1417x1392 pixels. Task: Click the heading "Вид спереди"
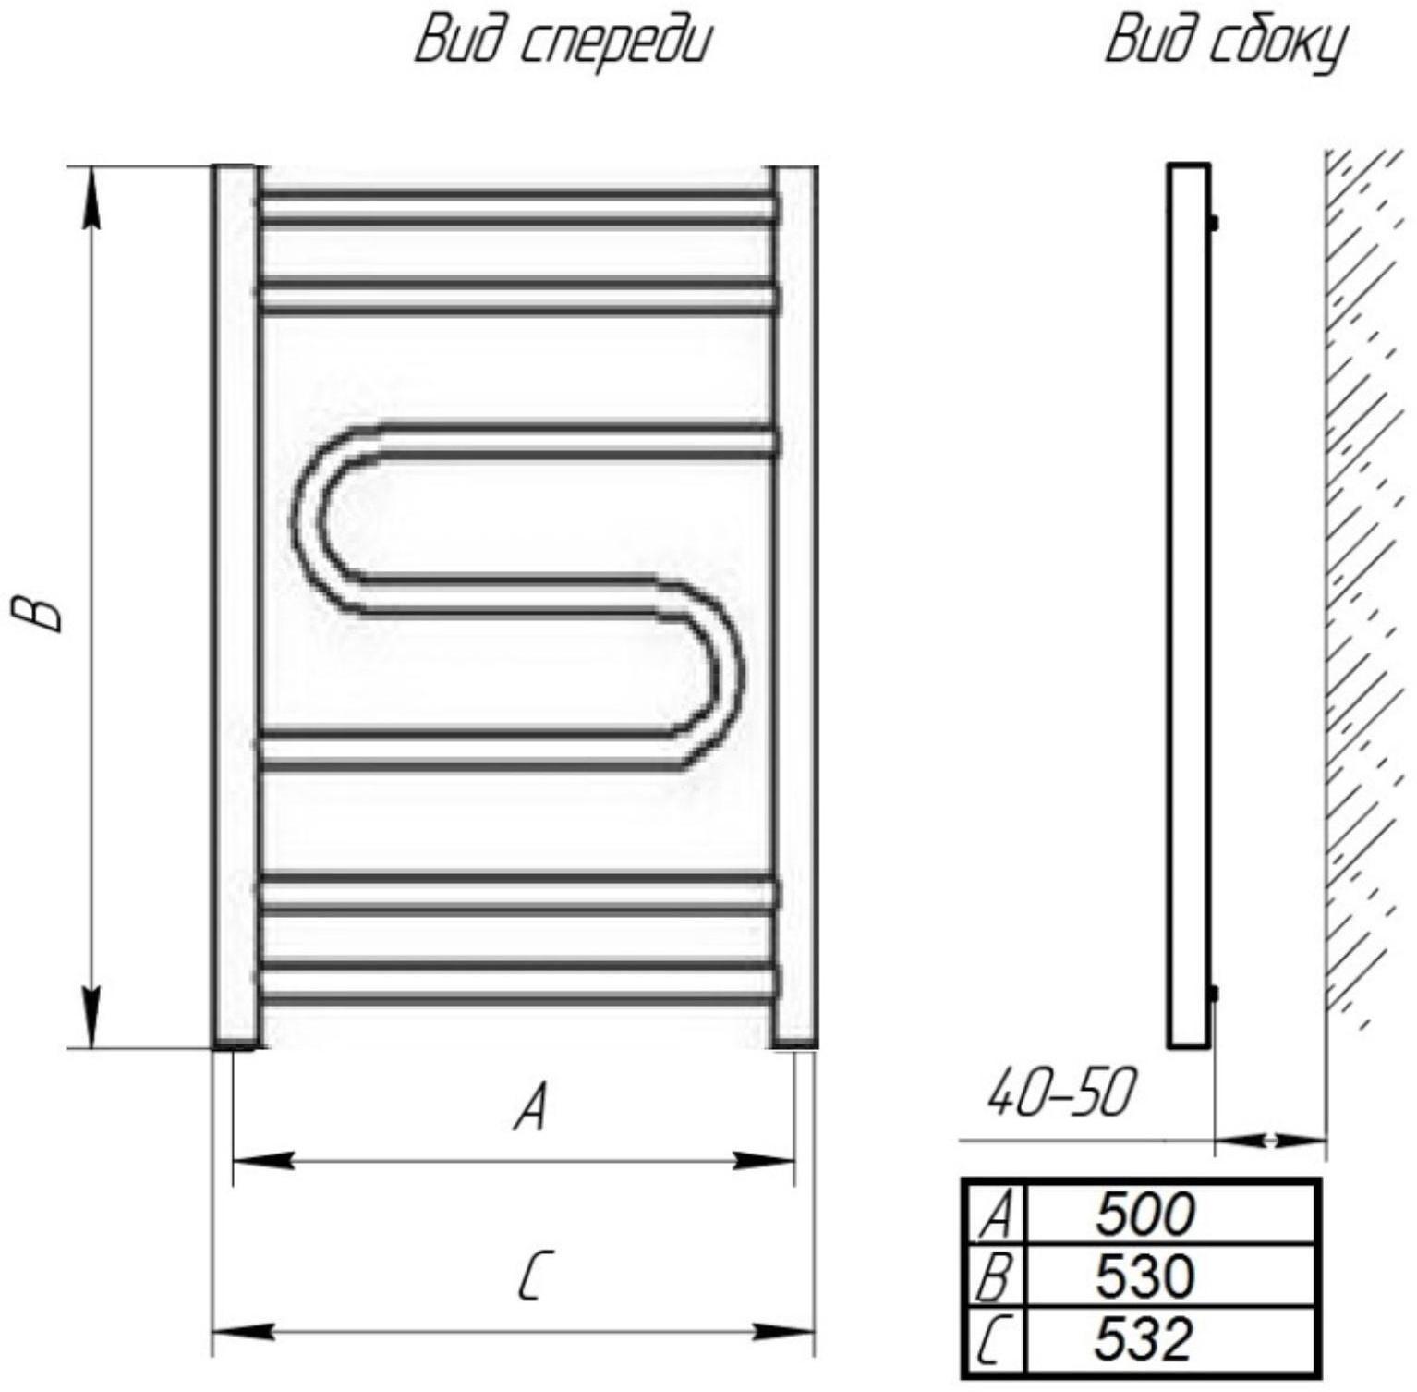563,43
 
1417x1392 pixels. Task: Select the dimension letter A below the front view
531,1107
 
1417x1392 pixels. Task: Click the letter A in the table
997,1214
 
